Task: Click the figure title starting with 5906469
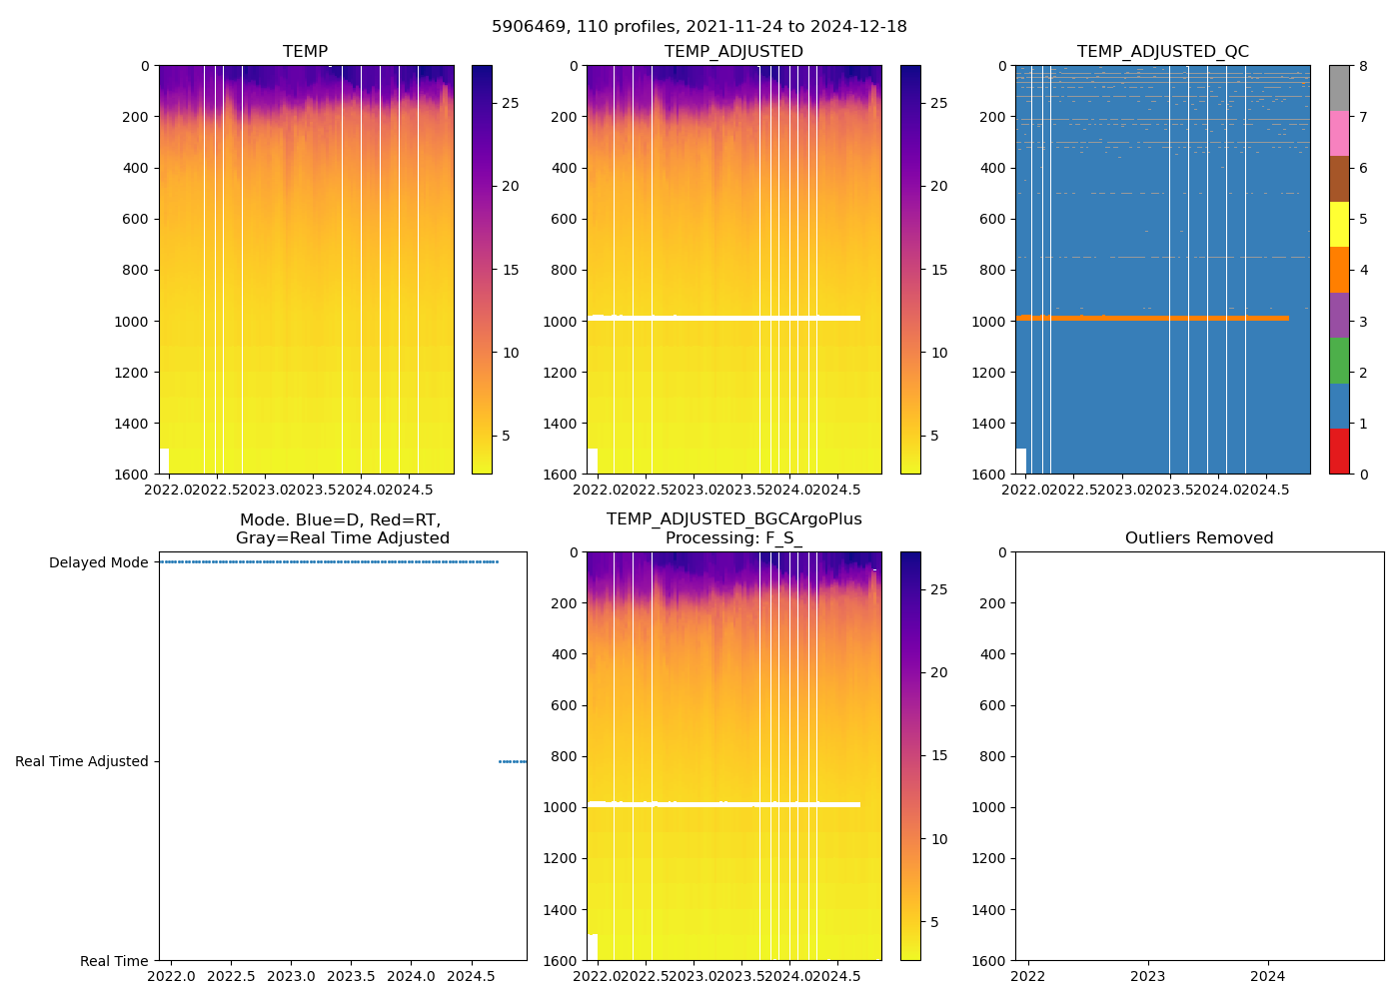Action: (699, 27)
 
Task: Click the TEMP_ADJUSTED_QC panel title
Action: (1162, 52)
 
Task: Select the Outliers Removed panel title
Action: (1198, 538)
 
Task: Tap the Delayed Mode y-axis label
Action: (98, 562)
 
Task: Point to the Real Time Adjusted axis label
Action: (81, 761)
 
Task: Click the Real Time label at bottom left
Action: (114, 961)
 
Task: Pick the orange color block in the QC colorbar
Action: (1339, 270)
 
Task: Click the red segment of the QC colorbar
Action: (1339, 452)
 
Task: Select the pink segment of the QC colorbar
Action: (1339, 133)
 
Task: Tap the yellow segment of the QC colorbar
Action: (1339, 224)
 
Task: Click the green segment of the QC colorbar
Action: (1339, 361)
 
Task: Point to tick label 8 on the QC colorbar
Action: (1363, 66)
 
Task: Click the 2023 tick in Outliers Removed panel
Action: (1147, 976)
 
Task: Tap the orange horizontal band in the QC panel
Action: (1149, 318)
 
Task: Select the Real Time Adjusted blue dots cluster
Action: (513, 761)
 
